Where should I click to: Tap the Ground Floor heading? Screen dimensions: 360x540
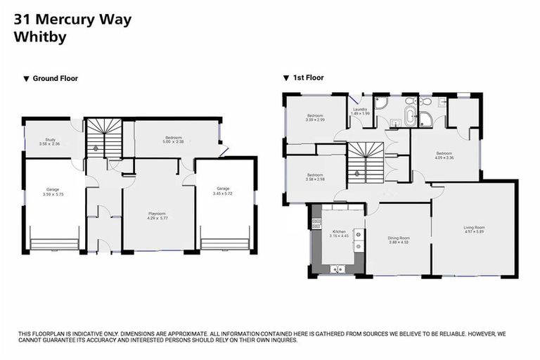(x=55, y=79)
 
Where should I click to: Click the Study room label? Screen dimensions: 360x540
(x=51, y=140)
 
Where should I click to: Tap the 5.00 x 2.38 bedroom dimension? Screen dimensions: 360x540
(x=174, y=142)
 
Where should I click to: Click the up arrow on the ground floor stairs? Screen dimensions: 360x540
(x=96, y=148)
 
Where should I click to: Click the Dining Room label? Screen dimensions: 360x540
(x=399, y=238)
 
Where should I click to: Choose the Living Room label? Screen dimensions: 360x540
(x=474, y=227)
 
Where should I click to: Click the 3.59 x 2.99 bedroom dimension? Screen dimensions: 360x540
(x=314, y=120)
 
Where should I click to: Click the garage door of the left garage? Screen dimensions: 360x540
(x=54, y=245)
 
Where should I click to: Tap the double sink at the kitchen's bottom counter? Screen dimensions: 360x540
(x=337, y=268)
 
